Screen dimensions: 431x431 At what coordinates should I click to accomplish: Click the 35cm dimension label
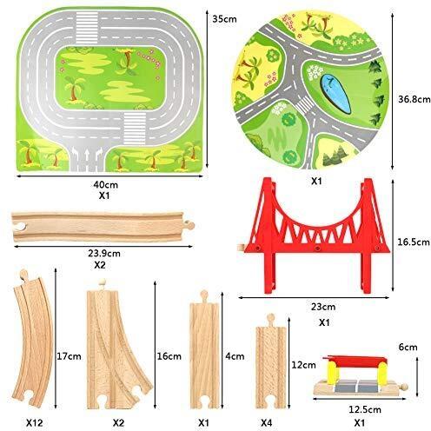click(224, 19)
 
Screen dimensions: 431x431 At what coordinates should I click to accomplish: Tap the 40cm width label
click(106, 184)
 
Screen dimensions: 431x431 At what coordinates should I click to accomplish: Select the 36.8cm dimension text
click(414, 99)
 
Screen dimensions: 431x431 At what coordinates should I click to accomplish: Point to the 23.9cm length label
click(104, 254)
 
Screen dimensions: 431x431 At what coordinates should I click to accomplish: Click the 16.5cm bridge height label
click(414, 242)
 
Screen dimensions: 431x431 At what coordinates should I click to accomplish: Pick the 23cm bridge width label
click(323, 307)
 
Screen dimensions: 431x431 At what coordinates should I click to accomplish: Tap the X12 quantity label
click(35, 423)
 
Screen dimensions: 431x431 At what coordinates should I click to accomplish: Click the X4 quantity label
click(266, 423)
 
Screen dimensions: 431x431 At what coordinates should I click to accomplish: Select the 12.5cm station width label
click(365, 409)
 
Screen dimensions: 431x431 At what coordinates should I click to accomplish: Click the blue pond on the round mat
click(335, 93)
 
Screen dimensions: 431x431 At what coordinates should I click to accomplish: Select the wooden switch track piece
click(115, 345)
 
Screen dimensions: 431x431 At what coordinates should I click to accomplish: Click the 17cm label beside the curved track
click(69, 356)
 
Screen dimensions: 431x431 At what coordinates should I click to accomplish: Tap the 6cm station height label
click(408, 347)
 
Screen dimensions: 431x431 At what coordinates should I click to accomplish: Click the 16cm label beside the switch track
click(169, 356)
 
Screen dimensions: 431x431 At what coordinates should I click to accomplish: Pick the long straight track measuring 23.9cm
click(103, 227)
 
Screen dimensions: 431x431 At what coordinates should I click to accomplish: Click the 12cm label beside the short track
click(303, 365)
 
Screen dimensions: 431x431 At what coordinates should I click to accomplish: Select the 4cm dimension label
click(235, 356)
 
